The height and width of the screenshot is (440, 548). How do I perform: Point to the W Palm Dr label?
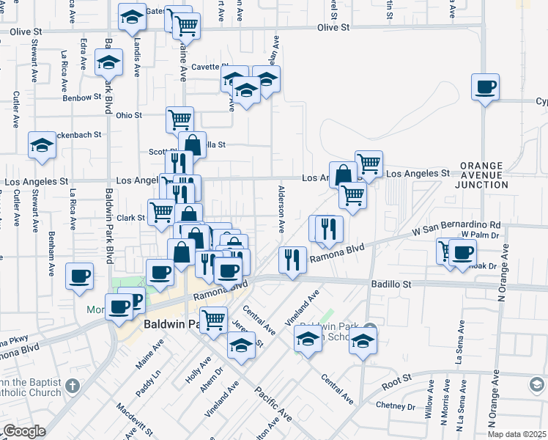tap(480, 235)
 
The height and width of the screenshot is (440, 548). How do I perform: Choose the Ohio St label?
tap(128, 115)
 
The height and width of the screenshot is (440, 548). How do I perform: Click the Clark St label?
tap(131, 218)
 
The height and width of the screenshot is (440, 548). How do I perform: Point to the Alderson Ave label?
tap(281, 209)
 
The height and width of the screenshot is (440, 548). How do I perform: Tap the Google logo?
tap(23, 431)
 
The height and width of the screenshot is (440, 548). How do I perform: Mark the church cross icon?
tap(72, 386)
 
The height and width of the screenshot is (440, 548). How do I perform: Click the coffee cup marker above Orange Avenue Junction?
tap(485, 87)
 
